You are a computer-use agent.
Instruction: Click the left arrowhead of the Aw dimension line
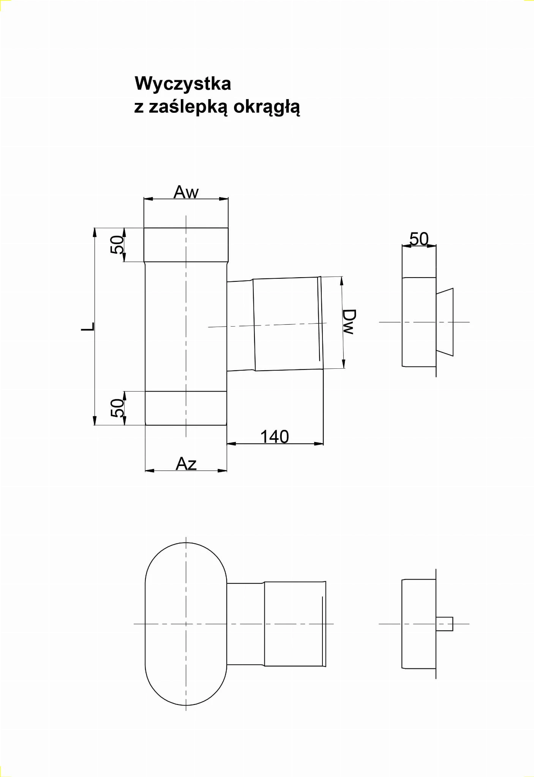point(148,198)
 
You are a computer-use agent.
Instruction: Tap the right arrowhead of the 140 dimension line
point(319,443)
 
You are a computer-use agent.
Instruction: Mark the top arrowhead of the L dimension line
point(95,232)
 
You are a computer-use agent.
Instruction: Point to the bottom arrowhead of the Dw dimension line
point(344,364)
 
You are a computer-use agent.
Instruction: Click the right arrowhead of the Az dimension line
point(223,471)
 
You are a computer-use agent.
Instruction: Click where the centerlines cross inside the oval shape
point(186,624)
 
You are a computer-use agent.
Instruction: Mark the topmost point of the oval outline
point(186,543)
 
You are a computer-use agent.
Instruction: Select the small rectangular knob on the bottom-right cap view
point(444,624)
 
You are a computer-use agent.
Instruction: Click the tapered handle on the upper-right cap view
point(445,322)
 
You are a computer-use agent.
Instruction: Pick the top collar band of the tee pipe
point(186,245)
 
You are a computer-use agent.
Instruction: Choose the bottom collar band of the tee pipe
point(186,408)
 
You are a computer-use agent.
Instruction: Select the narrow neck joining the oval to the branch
point(245,624)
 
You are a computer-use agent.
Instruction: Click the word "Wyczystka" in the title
point(183,84)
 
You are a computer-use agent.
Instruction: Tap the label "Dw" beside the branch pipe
point(349,322)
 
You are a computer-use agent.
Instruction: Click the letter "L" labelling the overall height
point(88,327)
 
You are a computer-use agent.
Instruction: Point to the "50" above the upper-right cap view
point(419,239)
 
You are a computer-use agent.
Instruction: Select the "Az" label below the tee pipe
point(186,464)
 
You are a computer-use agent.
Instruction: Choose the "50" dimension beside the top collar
point(117,245)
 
